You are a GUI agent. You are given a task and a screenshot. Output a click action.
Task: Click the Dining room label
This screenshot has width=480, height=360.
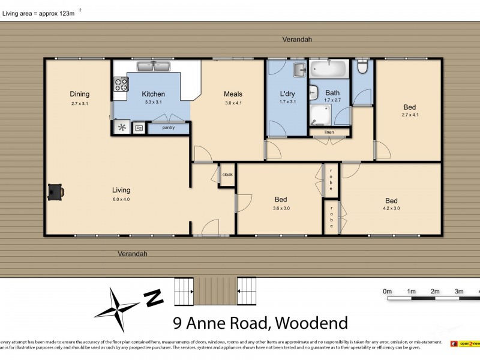click(x=79, y=94)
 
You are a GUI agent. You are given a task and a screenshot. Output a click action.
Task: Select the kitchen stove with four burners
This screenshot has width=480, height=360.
click(x=121, y=84)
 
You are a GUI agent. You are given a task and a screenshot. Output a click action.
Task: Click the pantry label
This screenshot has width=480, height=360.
click(x=169, y=127)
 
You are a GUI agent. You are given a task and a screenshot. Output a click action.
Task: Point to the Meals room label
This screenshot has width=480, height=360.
click(x=233, y=94)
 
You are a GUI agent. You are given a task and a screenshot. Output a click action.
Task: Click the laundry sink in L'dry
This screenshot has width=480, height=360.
click(x=299, y=71)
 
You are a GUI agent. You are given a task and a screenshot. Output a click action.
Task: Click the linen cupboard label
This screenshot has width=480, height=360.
click(x=329, y=132)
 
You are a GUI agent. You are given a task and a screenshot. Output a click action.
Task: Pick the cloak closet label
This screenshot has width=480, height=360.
click(x=227, y=175)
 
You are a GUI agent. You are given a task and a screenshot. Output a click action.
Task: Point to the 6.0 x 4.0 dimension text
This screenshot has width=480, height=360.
click(x=121, y=199)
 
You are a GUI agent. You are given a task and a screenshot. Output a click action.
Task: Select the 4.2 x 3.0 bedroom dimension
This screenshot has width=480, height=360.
click(x=391, y=208)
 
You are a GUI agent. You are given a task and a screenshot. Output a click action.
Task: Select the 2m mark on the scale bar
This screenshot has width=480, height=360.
click(x=435, y=292)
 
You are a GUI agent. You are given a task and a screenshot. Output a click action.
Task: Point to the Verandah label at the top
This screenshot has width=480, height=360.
click(x=298, y=39)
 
